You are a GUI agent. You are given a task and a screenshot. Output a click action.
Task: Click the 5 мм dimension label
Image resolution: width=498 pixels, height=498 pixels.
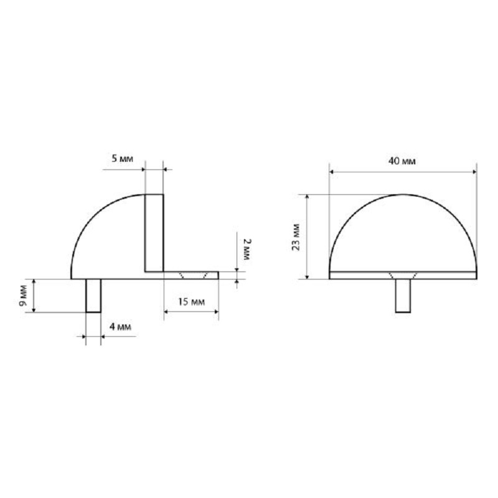123,159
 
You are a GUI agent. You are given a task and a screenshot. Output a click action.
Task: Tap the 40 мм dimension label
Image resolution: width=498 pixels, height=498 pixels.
402,161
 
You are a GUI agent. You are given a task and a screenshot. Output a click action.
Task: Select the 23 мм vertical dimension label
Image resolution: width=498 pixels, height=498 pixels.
296,237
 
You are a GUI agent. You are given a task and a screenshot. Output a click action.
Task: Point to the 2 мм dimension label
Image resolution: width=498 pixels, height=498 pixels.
246,246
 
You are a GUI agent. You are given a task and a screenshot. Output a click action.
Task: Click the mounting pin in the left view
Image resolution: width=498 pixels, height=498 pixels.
93,296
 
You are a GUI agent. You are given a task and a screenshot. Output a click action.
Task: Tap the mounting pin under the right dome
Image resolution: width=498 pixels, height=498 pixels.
403,296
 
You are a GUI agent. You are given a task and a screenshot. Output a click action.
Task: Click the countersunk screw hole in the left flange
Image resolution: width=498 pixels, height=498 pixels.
192,275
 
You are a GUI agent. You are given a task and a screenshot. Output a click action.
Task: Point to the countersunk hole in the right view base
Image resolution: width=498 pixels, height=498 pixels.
402,275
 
